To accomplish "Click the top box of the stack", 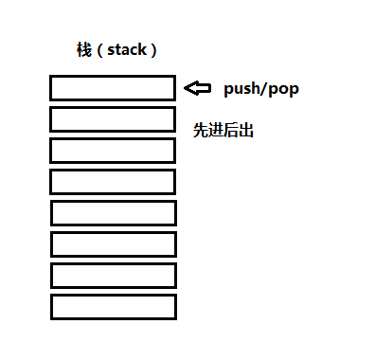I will tap(113, 88).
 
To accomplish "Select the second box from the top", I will tap(113, 119).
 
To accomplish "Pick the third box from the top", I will tap(113, 151).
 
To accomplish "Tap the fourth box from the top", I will tap(113, 182).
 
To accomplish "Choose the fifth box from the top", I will tap(113, 213).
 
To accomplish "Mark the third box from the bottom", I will tap(113, 244).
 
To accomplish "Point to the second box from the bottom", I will tap(113, 276).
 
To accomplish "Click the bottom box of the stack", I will tap(113, 307).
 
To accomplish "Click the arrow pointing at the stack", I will tap(197, 88).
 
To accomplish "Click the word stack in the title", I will tap(124, 50).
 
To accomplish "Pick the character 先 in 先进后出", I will tap(200, 130).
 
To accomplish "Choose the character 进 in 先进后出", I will tap(215, 130).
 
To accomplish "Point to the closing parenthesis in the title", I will tap(152, 50).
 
